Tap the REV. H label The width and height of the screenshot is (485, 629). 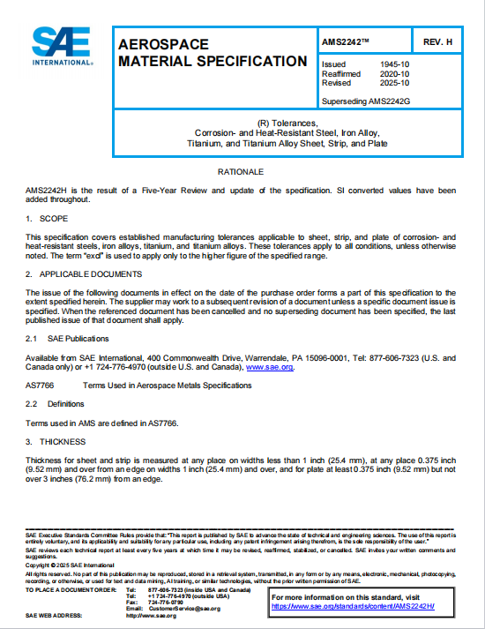(437, 42)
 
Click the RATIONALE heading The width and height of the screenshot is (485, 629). (241, 169)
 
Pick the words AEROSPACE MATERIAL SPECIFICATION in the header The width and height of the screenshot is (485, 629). (213, 52)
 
